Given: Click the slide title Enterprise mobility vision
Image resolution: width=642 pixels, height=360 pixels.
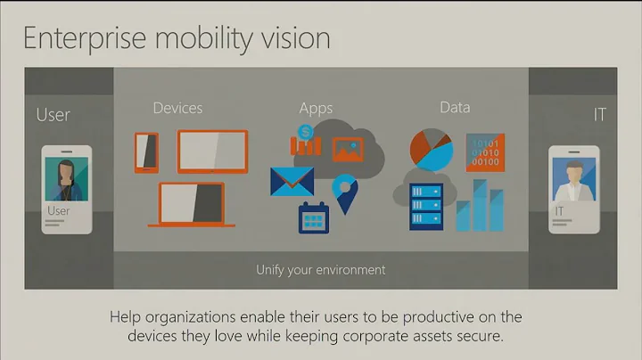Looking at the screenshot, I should tap(177, 37).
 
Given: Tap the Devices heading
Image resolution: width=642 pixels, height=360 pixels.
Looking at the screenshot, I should tap(177, 108).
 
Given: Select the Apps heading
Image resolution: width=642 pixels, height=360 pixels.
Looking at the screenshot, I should tap(316, 109).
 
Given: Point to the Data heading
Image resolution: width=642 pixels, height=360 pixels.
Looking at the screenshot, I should tap(455, 108).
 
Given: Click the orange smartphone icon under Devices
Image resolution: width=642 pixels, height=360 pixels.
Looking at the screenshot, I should tap(146, 151).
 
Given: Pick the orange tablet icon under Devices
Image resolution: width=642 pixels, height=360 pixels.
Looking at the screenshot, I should tap(212, 151).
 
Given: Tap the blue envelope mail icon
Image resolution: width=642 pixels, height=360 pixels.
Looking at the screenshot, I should tap(292, 182).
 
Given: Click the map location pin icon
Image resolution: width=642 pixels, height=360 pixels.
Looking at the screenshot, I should tap(344, 190).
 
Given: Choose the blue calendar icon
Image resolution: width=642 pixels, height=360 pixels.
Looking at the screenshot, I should tap(314, 218).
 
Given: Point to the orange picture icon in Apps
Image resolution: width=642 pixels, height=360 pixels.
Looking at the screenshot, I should tap(348, 150).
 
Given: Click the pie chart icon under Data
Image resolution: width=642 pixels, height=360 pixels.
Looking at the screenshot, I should tap(432, 150).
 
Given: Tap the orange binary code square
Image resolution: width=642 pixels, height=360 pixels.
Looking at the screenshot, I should tap(485, 152).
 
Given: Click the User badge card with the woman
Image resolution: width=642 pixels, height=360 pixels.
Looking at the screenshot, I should tap(67, 189).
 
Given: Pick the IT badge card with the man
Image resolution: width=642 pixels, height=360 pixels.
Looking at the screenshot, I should tap(573, 189).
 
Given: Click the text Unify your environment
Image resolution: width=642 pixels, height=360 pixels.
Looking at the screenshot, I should tap(321, 269).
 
